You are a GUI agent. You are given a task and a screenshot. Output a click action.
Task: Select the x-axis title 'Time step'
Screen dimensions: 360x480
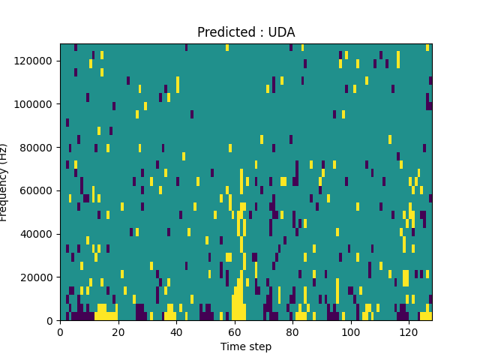click(x=246, y=346)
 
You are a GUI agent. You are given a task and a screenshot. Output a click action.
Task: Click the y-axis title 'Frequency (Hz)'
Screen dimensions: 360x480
click(x=4, y=182)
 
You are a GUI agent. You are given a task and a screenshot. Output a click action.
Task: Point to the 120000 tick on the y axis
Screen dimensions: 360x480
click(x=37, y=60)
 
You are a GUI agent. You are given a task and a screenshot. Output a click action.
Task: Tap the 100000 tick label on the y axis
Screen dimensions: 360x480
click(x=37, y=103)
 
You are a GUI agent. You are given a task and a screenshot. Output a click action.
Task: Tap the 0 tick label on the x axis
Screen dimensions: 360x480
click(x=60, y=331)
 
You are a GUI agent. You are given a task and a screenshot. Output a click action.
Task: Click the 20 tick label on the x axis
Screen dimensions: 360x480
click(x=118, y=331)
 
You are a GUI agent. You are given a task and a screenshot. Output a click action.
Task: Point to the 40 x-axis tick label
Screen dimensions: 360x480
click(x=176, y=331)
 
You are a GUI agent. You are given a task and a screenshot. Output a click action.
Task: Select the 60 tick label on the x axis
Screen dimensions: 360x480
click(x=234, y=331)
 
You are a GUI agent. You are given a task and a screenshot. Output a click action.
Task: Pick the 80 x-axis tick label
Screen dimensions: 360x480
click(x=292, y=331)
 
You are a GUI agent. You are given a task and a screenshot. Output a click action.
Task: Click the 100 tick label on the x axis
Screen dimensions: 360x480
click(x=350, y=331)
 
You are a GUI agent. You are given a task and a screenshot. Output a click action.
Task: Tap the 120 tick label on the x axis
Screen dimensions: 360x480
click(x=408, y=331)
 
